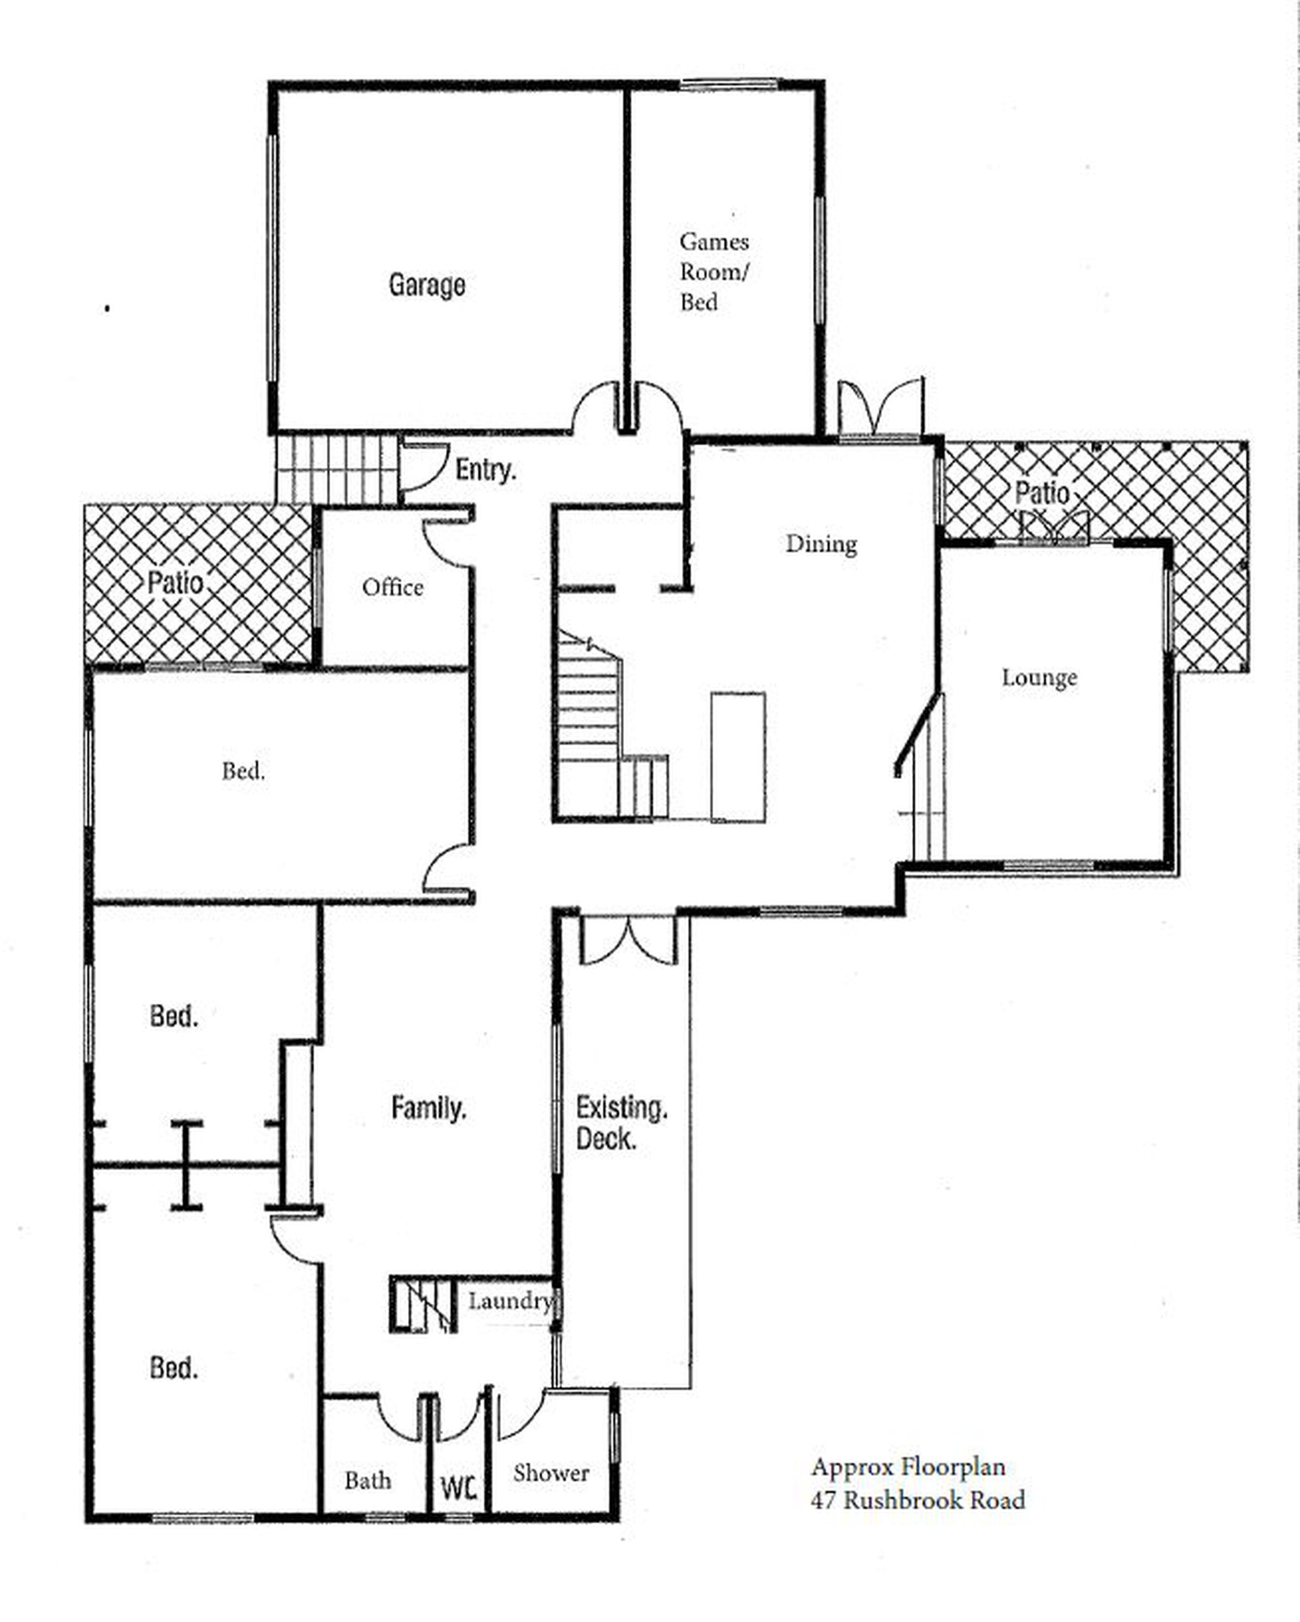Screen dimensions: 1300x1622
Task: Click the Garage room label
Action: pyautogui.click(x=427, y=284)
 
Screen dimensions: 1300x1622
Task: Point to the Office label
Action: pyautogui.click(x=392, y=587)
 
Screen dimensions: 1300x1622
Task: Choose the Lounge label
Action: pyautogui.click(x=1039, y=677)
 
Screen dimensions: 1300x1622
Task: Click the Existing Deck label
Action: pyautogui.click(x=621, y=1123)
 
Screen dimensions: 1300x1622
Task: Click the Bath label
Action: pyautogui.click(x=368, y=1481)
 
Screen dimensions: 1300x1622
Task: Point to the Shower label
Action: pyautogui.click(x=551, y=1473)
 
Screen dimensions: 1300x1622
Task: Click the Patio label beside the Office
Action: pyautogui.click(x=175, y=582)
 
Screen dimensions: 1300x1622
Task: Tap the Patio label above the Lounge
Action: pyautogui.click(x=1042, y=493)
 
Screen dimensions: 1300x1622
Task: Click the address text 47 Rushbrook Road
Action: pyautogui.click(x=917, y=1500)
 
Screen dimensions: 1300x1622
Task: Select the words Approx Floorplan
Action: pyautogui.click(x=908, y=1467)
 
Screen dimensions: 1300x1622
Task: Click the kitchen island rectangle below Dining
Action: pyautogui.click(x=738, y=757)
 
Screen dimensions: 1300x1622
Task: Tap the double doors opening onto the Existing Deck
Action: pyautogui.click(x=629, y=939)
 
